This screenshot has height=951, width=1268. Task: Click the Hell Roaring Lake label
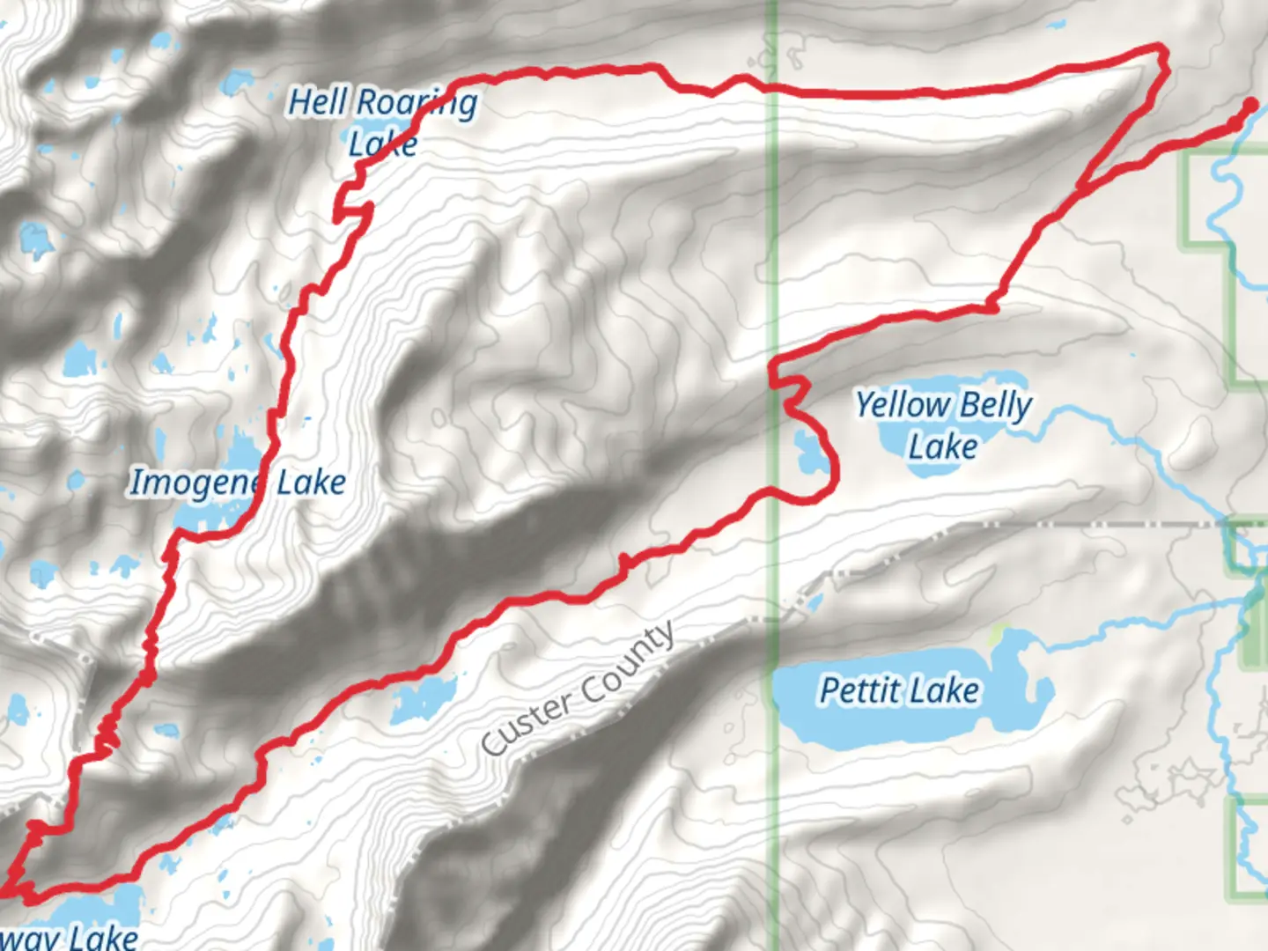click(383, 122)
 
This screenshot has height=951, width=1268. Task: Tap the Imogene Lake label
click(238, 482)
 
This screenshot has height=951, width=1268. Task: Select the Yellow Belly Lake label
click(943, 425)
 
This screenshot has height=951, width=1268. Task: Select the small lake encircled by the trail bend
click(806, 451)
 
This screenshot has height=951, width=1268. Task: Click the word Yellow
click(900, 405)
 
